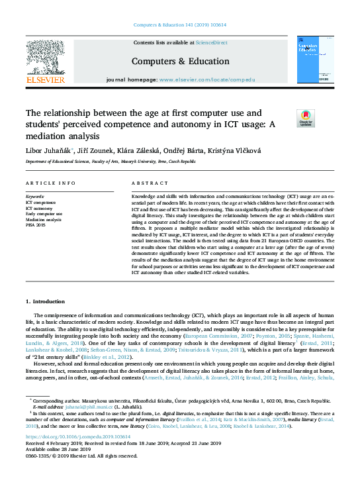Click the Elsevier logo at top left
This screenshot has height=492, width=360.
click(45, 63)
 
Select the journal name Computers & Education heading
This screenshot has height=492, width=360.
click(180, 60)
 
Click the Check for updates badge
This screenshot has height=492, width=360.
click(306, 118)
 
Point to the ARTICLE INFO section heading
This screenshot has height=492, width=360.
click(50, 183)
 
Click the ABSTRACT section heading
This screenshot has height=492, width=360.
click(146, 183)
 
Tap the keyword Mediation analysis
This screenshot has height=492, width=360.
click(44, 219)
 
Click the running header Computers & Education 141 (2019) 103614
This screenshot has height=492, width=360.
click(179, 25)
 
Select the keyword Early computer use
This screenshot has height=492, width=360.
click(44, 214)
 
